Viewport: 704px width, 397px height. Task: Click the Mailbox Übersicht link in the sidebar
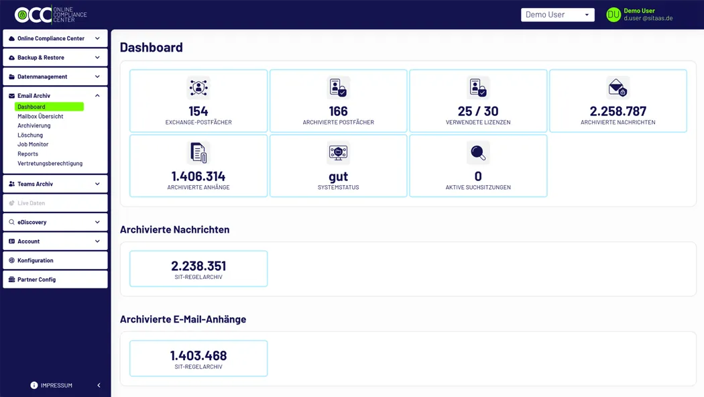[x=40, y=116]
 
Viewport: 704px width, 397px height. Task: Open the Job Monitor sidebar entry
[x=33, y=144]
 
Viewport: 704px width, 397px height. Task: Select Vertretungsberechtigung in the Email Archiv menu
[x=50, y=163]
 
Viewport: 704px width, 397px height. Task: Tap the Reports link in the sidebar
[x=27, y=154]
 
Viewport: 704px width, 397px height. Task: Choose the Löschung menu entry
[x=30, y=135]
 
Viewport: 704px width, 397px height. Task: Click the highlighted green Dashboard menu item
[x=49, y=107]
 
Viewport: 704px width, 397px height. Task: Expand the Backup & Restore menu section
[x=55, y=58]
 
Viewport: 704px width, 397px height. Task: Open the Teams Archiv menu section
[x=55, y=184]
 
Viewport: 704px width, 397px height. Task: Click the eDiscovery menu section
[x=55, y=222]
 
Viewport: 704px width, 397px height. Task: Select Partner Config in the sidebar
[x=55, y=280]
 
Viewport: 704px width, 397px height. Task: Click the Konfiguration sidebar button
[x=55, y=260]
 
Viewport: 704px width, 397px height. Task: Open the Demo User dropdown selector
[x=557, y=15]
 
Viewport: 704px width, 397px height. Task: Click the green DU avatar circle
[x=613, y=15]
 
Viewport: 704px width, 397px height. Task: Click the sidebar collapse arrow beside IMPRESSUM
[x=99, y=386]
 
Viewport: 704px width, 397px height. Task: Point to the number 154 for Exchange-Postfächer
[x=198, y=111]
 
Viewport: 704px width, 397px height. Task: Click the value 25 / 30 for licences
[x=478, y=111]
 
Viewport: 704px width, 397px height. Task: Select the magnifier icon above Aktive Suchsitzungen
[x=478, y=153]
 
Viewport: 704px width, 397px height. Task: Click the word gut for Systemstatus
[x=338, y=176]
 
